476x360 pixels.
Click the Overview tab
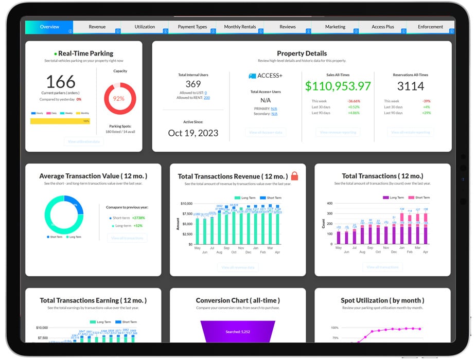pyautogui.click(x=49, y=27)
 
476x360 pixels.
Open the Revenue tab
pyautogui.click(x=97, y=27)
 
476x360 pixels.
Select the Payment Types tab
pyautogui.click(x=192, y=27)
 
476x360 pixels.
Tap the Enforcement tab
pyautogui.click(x=430, y=27)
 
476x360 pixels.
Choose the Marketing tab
pyautogui.click(x=335, y=27)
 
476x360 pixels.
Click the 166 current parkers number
pyautogui.click(x=61, y=82)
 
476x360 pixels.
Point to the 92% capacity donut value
pyautogui.click(x=120, y=98)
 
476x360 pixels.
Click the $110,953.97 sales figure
pyautogui.click(x=338, y=86)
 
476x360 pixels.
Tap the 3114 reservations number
pyautogui.click(x=410, y=86)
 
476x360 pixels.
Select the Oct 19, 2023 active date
pyautogui.click(x=193, y=133)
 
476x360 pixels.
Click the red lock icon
pyautogui.click(x=294, y=176)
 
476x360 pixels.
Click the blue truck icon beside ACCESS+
pyautogui.click(x=252, y=76)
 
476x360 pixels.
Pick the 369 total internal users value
pyautogui.click(x=193, y=84)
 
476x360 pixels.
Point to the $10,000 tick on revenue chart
pyautogui.click(x=186, y=204)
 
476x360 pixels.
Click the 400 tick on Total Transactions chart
pyautogui.click(x=330, y=204)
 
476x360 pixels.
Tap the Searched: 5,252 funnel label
pyautogui.click(x=238, y=332)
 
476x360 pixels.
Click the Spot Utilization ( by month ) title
pyautogui.click(x=382, y=300)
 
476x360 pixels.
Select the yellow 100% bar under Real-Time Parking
pyautogui.click(x=60, y=121)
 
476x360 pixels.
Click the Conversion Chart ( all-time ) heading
pyautogui.click(x=238, y=300)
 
